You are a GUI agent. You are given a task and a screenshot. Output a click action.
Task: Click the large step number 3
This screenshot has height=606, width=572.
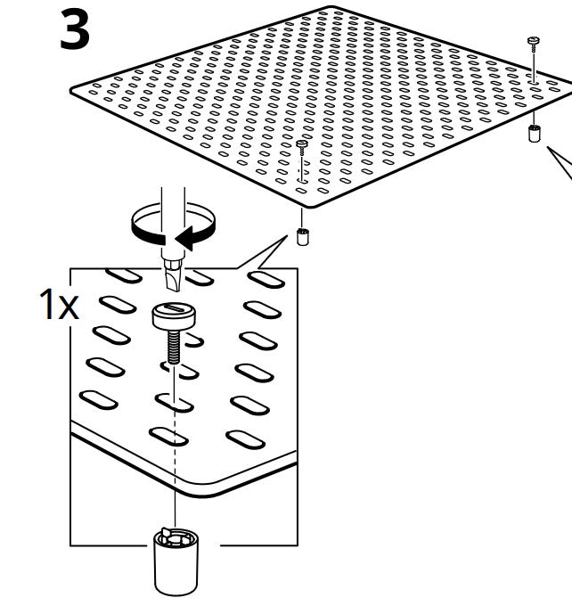[75, 30]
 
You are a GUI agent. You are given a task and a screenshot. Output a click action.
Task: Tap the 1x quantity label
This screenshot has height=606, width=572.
[59, 305]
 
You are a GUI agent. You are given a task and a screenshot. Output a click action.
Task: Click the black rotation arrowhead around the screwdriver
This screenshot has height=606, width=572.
[184, 238]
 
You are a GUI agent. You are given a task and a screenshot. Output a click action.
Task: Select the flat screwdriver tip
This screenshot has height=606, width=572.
[174, 280]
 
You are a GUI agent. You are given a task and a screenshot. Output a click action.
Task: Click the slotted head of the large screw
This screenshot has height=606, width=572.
[173, 316]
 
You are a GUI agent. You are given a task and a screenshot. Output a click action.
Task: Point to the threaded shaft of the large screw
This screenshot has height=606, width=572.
[174, 347]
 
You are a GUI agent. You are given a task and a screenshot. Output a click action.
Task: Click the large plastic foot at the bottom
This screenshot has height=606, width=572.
[176, 562]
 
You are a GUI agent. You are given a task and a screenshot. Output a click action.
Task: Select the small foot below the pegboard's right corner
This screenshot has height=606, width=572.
[534, 133]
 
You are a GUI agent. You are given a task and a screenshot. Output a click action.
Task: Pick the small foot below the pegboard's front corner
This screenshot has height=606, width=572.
[303, 236]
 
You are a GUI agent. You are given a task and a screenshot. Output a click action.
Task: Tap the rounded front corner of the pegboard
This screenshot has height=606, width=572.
[313, 205]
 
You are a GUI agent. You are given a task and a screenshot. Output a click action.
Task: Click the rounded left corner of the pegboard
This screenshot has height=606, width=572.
[73, 91]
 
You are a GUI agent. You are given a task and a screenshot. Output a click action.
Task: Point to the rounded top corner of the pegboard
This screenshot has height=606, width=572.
[331, 8]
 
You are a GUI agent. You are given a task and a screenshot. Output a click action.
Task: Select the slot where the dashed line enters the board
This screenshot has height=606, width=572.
[174, 403]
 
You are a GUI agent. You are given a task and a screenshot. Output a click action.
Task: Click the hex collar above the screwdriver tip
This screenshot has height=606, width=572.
[172, 265]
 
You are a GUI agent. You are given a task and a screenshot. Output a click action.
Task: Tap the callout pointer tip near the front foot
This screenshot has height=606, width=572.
[288, 236]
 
